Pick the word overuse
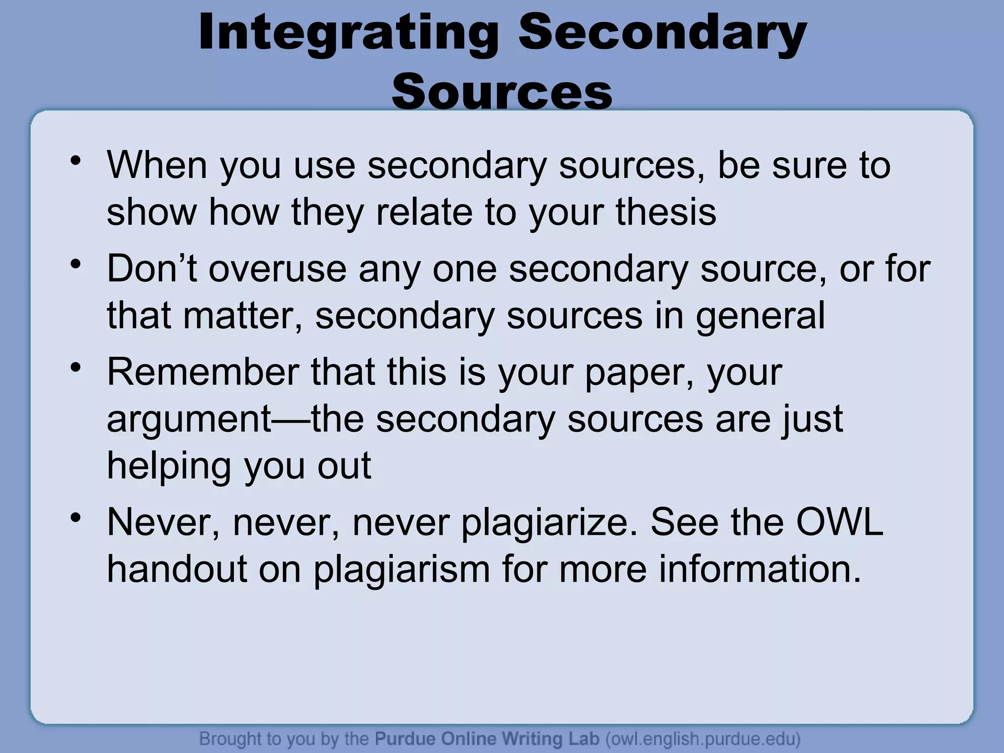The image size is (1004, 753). click(x=277, y=269)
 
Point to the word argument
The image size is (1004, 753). click(x=189, y=420)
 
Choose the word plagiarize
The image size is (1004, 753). click(x=550, y=523)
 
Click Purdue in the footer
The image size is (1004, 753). click(x=405, y=738)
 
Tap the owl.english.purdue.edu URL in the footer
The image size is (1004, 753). click(x=703, y=738)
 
